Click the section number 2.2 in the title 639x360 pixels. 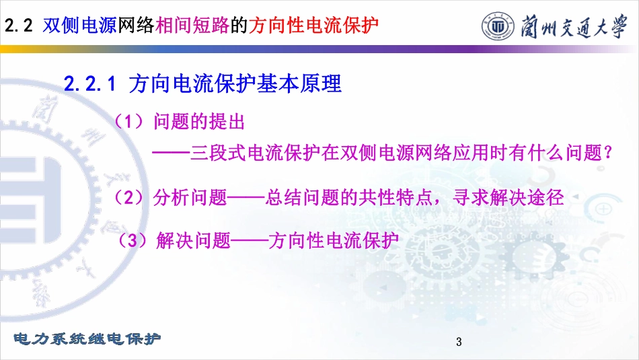[18, 26]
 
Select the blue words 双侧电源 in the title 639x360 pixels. [80, 26]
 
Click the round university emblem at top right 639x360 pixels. [497, 26]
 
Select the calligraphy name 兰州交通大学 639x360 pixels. [574, 26]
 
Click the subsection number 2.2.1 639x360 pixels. [89, 84]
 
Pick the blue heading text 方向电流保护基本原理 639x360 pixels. [235, 83]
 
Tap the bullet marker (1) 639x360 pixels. [128, 122]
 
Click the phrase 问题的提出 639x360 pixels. [199, 122]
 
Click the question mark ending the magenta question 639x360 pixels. [609, 153]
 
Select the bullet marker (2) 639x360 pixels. [128, 198]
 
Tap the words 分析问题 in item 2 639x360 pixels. [190, 198]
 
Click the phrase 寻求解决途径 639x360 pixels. [509, 198]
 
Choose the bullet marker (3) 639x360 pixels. [132, 240]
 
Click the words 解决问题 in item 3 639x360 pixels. [193, 240]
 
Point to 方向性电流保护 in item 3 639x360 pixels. [334, 240]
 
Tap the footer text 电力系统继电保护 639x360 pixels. [87, 338]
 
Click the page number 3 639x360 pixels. [459, 342]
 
